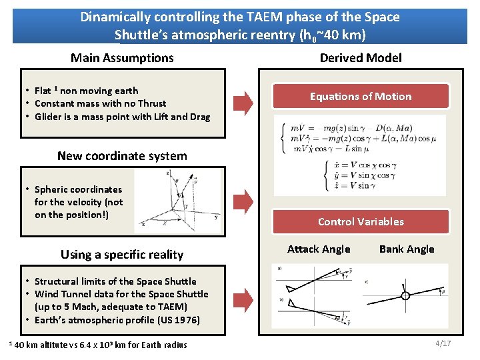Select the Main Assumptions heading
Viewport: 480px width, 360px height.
[x=122, y=58]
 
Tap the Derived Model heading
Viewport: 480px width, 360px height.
[x=361, y=58]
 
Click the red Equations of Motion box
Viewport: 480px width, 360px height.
[x=361, y=97]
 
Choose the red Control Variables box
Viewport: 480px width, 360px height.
[x=361, y=222]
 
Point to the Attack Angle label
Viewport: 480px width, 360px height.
[x=319, y=249]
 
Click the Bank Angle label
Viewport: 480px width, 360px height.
[x=407, y=249]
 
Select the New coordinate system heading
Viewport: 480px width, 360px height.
[x=122, y=156]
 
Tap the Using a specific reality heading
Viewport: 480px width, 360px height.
[x=122, y=255]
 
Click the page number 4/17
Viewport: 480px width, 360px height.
[x=443, y=343]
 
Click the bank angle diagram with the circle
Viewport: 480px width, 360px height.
[x=405, y=295]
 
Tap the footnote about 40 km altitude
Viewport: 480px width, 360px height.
[x=98, y=345]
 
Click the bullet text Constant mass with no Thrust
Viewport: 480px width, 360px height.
[x=100, y=103]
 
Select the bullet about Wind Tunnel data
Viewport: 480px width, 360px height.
[x=121, y=294]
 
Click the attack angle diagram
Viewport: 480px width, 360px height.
[x=313, y=295]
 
